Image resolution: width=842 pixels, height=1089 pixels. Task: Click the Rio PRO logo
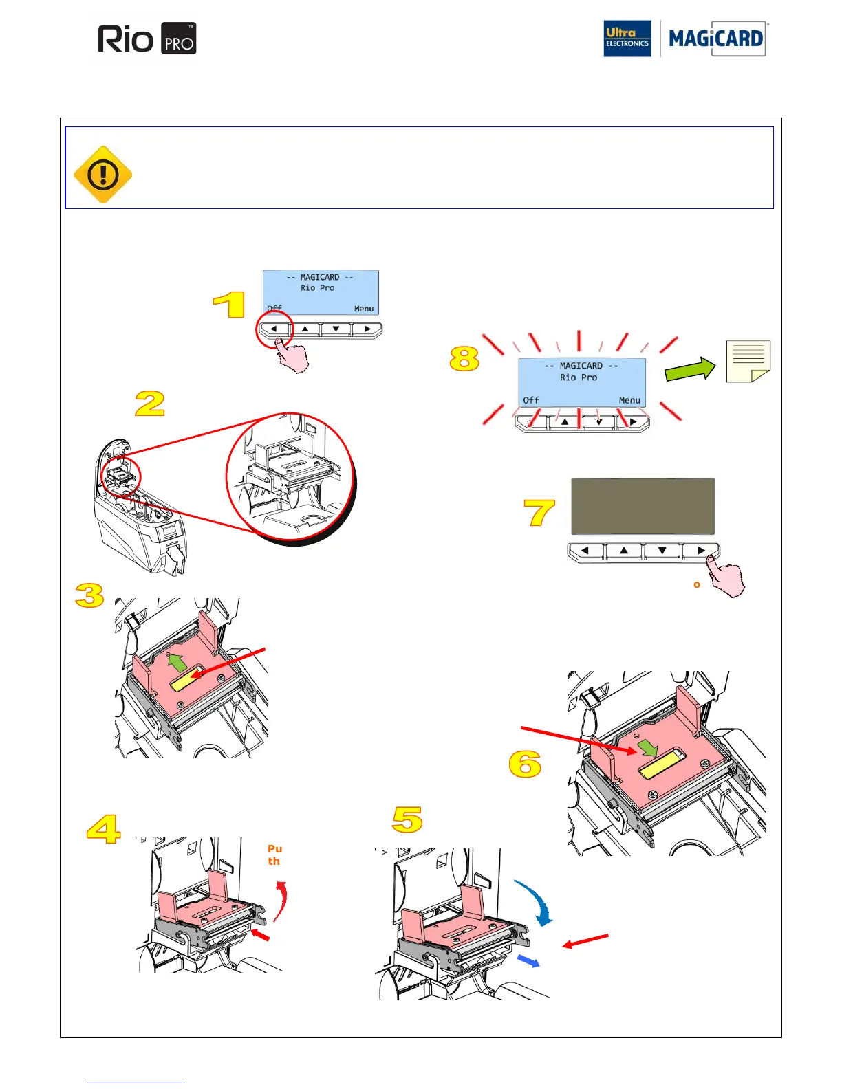pos(147,39)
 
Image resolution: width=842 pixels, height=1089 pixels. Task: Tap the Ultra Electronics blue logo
pos(627,38)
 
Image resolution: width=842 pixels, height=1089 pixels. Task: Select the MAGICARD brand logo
pos(715,38)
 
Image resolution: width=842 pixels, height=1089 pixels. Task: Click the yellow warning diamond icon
pos(102,175)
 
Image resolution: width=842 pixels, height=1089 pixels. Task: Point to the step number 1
pos(229,305)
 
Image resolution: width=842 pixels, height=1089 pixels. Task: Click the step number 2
pos(150,404)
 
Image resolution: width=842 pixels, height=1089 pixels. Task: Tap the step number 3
pos(89,595)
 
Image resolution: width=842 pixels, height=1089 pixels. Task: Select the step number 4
pos(103,829)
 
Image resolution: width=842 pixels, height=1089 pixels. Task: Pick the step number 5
pos(407,819)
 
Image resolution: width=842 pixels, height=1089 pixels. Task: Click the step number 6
pos(525,764)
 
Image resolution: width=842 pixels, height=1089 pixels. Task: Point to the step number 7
pos(539,513)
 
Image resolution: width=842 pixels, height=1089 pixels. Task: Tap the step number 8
pos(464,358)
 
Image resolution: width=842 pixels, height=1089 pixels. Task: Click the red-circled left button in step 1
pos(274,329)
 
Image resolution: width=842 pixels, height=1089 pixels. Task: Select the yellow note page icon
pos(748,362)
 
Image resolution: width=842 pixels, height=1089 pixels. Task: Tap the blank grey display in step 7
pos(643,507)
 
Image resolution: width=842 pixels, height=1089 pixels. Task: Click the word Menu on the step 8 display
pos(629,400)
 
